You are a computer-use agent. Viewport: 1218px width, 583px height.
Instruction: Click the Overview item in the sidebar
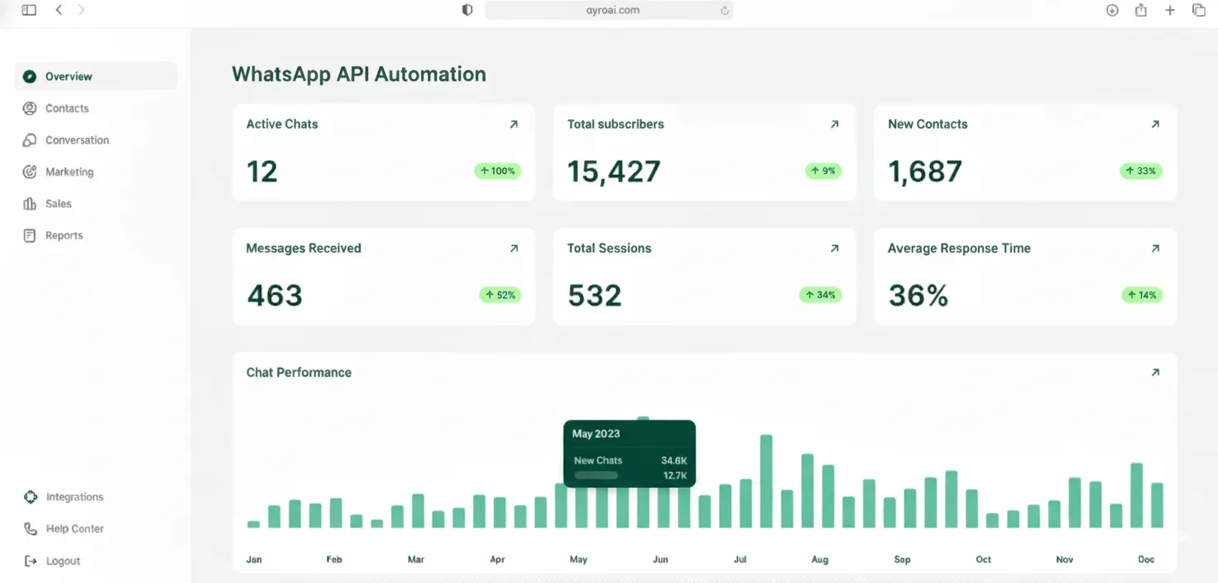pos(69,76)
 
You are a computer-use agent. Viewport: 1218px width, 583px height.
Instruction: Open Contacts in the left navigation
pos(66,108)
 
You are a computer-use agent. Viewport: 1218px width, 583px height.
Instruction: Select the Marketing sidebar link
pos(69,172)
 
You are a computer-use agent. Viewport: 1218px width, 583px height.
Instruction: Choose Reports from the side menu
pos(64,236)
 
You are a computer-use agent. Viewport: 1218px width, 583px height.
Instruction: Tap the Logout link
pos(62,561)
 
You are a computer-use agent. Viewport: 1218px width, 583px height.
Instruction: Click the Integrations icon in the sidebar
pos(31,497)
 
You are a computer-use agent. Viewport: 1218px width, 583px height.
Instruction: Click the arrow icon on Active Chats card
pos(514,124)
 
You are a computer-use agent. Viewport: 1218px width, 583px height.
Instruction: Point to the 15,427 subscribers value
pos(614,171)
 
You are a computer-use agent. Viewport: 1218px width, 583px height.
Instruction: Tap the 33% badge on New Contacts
pos(1141,171)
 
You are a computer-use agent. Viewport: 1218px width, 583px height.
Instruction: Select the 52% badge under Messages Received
pos(500,295)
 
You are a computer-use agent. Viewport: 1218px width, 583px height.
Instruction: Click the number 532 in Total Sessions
pos(594,296)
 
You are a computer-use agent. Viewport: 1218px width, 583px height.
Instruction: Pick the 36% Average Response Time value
pos(918,296)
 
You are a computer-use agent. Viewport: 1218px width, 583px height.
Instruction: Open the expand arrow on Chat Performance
pos(1155,373)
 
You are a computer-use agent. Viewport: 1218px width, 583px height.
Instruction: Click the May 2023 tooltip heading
pos(596,434)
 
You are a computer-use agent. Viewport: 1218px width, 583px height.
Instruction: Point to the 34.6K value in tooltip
pos(674,460)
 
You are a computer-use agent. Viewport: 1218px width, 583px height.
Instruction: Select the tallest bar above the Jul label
pos(766,480)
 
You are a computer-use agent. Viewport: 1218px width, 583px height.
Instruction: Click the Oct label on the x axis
pos(983,560)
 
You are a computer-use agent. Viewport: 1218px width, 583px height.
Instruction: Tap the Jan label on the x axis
pos(254,560)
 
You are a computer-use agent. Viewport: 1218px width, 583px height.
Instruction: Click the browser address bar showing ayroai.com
pos(608,10)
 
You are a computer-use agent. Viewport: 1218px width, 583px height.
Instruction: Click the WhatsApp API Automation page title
pos(359,75)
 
